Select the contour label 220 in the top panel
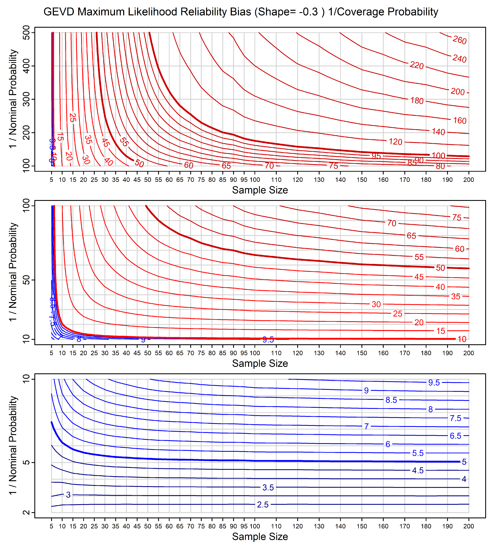[x=417, y=65]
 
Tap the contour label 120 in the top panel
[x=395, y=142]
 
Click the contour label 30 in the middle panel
[x=376, y=304]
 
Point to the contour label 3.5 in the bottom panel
[x=268, y=488]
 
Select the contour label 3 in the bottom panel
[x=68, y=495]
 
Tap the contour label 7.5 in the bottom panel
[x=455, y=418]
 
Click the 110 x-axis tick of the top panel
[x=276, y=180]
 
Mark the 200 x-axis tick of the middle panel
[x=468, y=353]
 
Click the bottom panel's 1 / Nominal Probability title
[x=13, y=445]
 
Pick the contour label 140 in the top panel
[x=438, y=132]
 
